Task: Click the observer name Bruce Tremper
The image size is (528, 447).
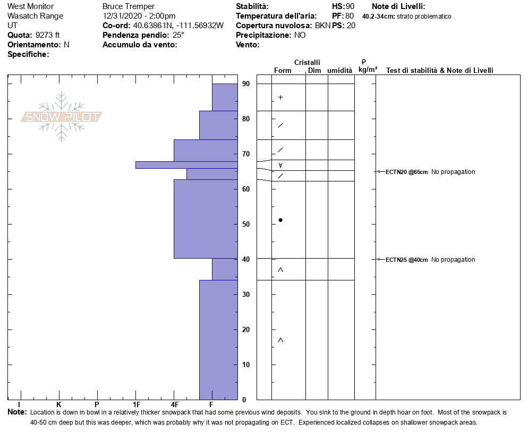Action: coord(129,6)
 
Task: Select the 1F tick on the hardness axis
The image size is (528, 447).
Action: coord(136,404)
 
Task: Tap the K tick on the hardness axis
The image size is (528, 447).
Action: coord(59,404)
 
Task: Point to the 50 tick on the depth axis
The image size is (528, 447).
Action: coord(246,224)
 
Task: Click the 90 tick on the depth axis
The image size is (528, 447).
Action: coord(246,84)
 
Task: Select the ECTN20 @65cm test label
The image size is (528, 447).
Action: coord(406,172)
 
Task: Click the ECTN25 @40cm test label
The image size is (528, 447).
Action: coord(406,260)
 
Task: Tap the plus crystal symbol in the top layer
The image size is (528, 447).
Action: coord(280,97)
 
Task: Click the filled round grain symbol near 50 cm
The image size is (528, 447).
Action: coord(280,220)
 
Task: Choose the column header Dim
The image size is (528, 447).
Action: coord(314,71)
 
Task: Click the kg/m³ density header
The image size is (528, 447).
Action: coord(368,70)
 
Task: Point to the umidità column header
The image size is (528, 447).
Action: coord(340,71)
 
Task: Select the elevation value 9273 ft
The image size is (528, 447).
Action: coord(48,35)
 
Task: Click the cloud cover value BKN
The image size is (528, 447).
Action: coord(322,26)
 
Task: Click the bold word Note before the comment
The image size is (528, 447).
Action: coord(17,412)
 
